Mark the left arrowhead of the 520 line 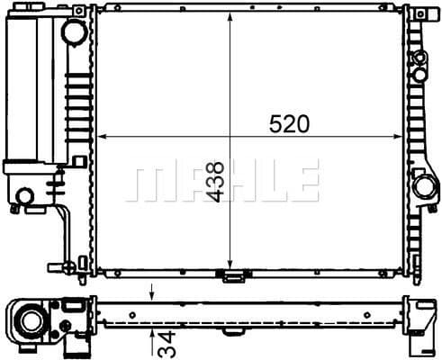(x=102, y=137)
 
